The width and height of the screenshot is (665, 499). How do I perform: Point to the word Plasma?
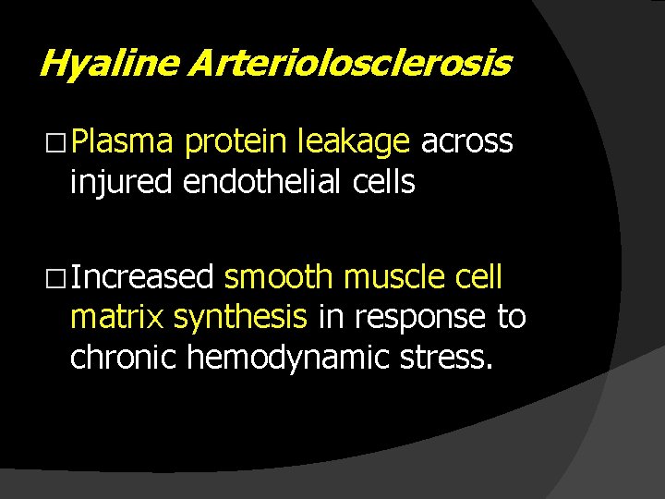coord(122,142)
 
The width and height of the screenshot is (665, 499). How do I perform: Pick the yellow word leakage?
coord(354,142)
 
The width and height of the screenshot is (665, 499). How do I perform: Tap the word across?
coord(466,142)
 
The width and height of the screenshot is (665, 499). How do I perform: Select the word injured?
coord(121,183)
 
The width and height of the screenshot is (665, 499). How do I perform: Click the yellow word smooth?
coord(278,277)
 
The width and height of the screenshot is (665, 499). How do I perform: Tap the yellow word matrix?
coord(116,317)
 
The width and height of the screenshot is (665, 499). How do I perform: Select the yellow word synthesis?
coord(240,317)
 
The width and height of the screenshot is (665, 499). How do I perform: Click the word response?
coord(420,317)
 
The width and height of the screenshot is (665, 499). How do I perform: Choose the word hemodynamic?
coord(294,357)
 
